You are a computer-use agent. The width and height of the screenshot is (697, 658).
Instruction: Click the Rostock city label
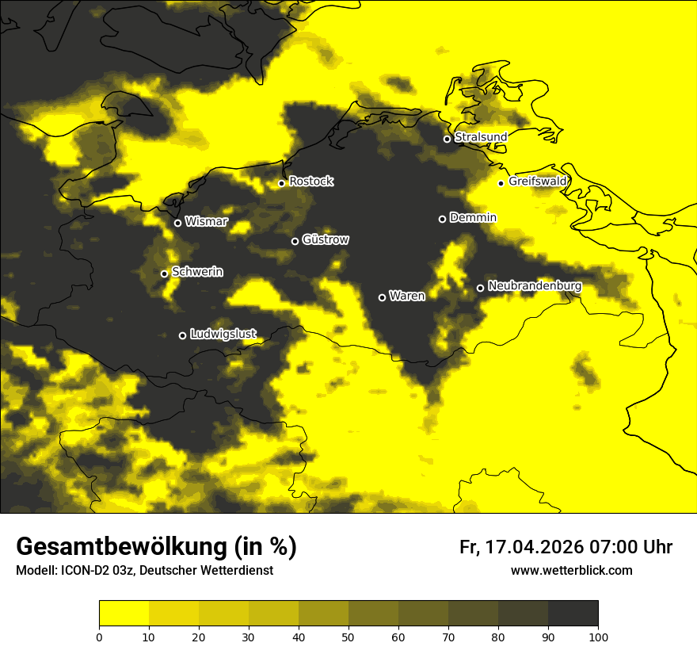click(x=311, y=182)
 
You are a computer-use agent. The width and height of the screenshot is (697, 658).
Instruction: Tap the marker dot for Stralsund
click(x=447, y=139)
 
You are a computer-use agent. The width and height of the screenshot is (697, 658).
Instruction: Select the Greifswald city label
click(x=538, y=182)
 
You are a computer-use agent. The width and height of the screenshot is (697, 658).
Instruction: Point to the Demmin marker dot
click(x=442, y=219)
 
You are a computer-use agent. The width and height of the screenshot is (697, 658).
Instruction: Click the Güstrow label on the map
click(x=326, y=239)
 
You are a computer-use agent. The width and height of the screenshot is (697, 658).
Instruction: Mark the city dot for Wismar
click(x=177, y=223)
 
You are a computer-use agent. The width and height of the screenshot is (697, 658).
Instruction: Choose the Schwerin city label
click(x=197, y=272)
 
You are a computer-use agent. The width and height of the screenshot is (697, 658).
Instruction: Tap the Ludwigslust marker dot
click(x=182, y=335)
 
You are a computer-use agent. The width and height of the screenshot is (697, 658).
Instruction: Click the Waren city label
click(x=407, y=296)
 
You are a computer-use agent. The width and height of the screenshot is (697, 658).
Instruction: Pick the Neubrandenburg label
click(x=535, y=286)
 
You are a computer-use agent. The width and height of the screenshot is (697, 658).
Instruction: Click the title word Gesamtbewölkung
click(x=122, y=547)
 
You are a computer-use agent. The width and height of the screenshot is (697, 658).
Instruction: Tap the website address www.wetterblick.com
click(x=572, y=570)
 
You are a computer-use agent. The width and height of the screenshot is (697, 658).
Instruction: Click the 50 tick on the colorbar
click(x=348, y=637)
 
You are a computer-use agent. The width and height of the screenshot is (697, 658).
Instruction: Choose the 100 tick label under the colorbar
click(x=598, y=637)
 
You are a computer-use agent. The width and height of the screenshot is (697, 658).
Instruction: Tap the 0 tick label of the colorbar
click(x=99, y=637)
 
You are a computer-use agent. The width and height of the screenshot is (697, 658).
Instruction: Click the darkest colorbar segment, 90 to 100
click(x=573, y=614)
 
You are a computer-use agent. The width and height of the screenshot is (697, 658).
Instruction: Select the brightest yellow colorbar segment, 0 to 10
click(x=124, y=614)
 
